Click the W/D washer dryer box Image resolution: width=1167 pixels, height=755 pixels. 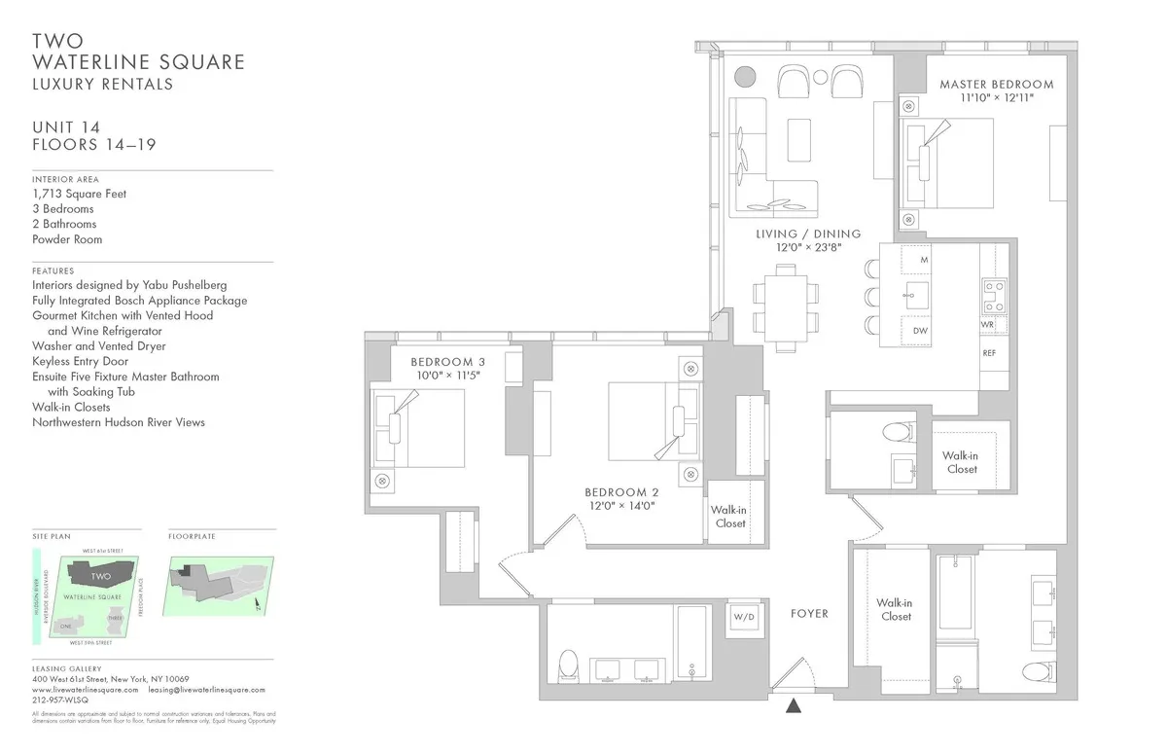(745, 616)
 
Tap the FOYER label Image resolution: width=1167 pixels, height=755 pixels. (808, 614)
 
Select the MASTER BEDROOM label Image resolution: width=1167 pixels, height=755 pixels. (996, 85)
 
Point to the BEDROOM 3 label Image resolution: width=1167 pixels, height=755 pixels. (449, 362)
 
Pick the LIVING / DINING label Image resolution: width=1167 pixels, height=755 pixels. (808, 234)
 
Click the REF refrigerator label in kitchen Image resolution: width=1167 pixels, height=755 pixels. (988, 353)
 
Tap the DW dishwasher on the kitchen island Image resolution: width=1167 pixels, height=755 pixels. (919, 332)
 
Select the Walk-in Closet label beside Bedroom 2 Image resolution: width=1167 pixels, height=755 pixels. (729, 516)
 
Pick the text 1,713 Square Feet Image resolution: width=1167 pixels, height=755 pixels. (79, 194)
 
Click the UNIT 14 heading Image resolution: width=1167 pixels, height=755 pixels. (66, 126)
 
